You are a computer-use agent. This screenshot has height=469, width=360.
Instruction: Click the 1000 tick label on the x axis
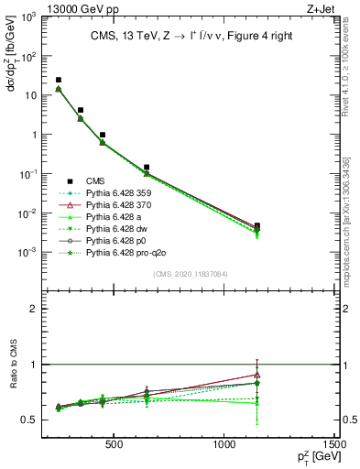pyautogui.click(x=224, y=445)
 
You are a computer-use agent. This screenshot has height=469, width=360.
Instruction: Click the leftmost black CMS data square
pyautogui.click(x=59, y=81)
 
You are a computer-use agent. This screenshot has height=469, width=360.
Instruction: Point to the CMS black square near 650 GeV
pyautogui.click(x=147, y=168)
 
